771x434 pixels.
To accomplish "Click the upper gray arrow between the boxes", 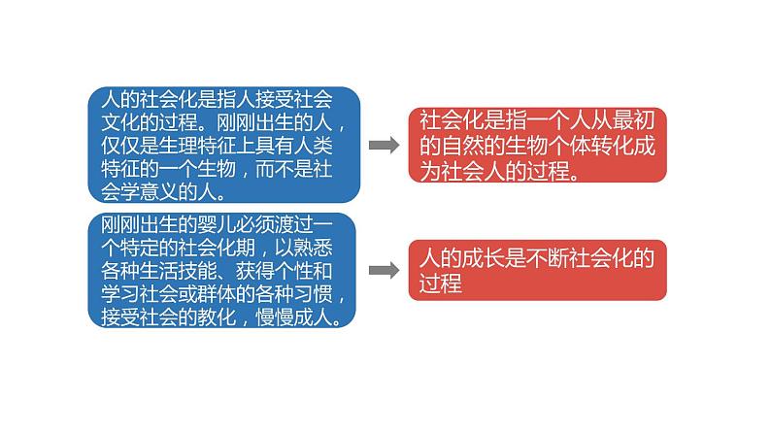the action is (x=385, y=146).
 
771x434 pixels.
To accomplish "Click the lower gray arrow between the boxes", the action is (x=385, y=269).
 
